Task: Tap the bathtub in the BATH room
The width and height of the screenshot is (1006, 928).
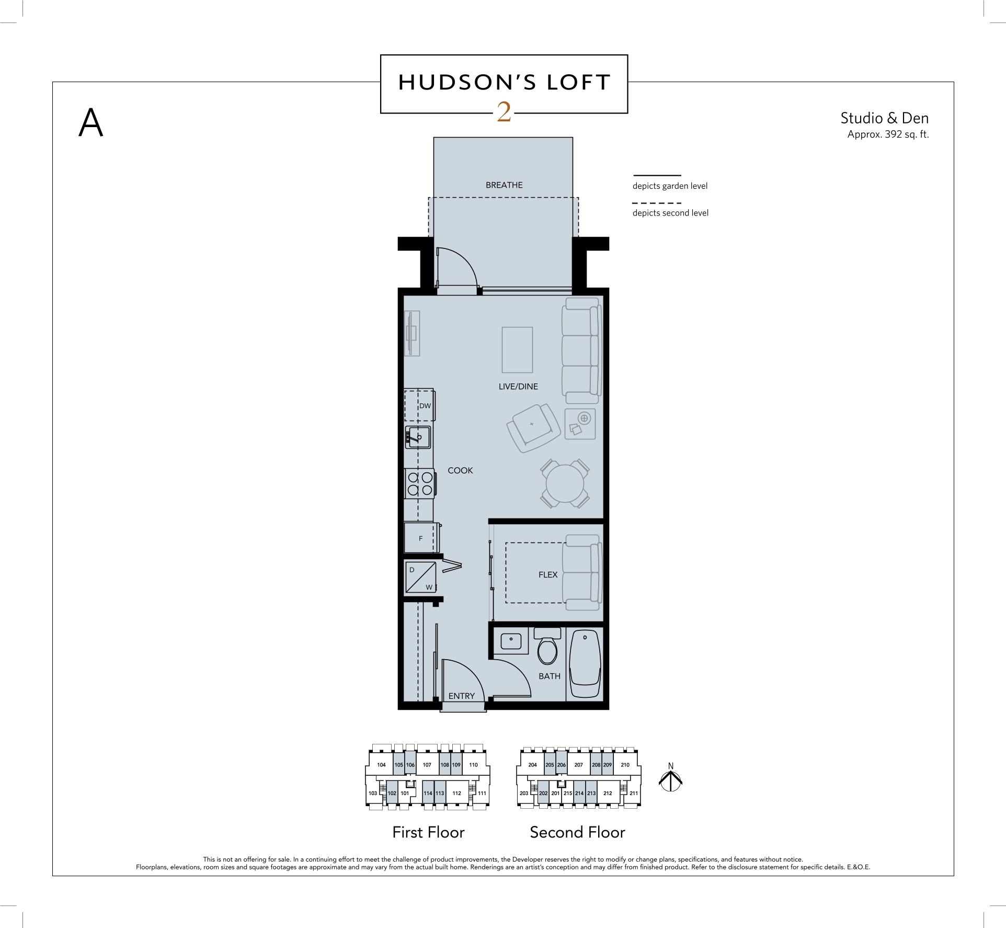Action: pos(585,664)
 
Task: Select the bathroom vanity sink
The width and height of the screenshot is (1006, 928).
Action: pos(510,640)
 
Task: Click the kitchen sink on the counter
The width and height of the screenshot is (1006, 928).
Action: pos(418,437)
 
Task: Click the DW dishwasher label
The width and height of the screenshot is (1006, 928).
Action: pos(425,406)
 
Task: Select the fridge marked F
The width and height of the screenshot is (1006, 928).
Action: pos(420,538)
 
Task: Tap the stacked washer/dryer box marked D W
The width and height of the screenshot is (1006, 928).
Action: pos(421,578)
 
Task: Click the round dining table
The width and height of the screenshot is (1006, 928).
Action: pos(564,483)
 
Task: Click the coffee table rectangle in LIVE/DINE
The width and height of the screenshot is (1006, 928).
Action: pos(517,349)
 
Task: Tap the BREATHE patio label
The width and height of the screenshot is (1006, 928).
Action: pos(504,185)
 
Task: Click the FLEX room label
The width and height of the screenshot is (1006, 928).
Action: pos(547,574)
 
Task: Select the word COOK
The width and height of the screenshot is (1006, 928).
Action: pos(460,470)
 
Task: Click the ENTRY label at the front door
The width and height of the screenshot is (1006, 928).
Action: pos(461,696)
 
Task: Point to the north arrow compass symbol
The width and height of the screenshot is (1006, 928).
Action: pos(670,778)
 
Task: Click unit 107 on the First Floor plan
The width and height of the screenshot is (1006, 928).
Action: pos(427,765)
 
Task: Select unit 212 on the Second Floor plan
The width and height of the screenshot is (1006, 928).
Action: pos(607,793)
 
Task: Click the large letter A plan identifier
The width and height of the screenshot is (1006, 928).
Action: pos(91,123)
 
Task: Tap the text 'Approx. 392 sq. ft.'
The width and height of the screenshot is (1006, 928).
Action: pos(887,134)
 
